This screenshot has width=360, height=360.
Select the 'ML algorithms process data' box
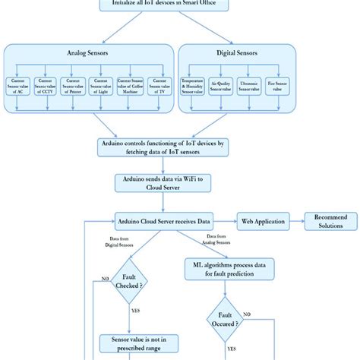[226, 267]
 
